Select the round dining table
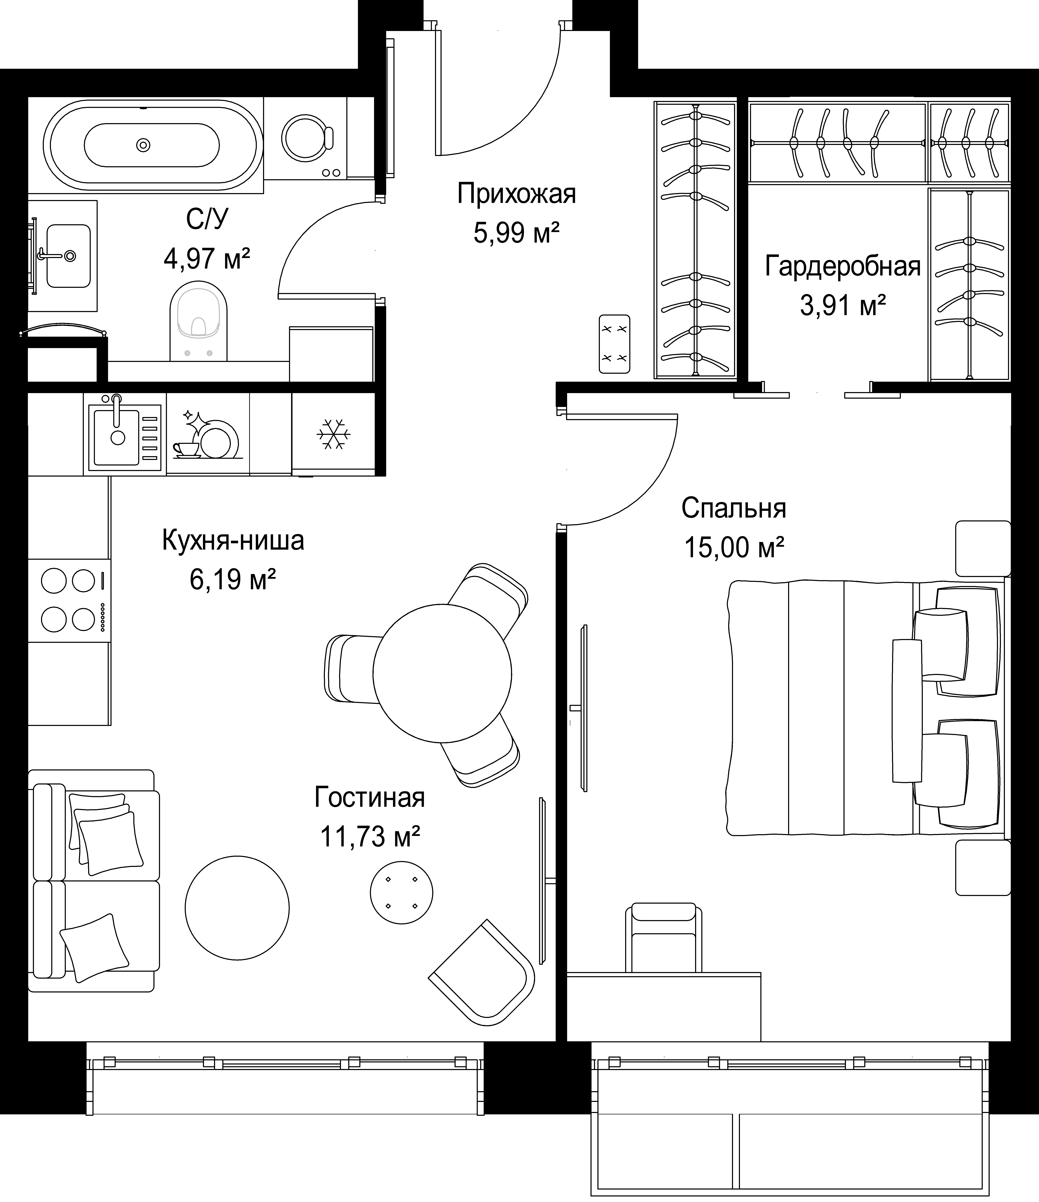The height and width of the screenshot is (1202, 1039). pos(442,673)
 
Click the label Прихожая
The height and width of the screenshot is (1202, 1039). pos(516,194)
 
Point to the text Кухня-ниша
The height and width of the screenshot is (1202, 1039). pos(233,540)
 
